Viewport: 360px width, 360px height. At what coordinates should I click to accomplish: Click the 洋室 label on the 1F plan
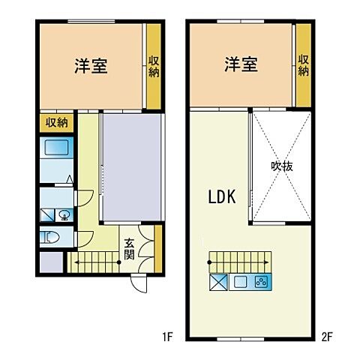pyautogui.click(x=91, y=66)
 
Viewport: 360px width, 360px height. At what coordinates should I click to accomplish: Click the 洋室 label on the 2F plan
pyautogui.click(x=241, y=64)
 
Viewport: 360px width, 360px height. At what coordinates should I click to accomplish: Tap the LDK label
pyautogui.click(x=222, y=197)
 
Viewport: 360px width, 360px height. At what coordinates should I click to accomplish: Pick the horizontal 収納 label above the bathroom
pyautogui.click(x=56, y=121)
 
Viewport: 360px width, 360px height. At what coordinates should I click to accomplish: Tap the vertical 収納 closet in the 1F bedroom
pyautogui.click(x=153, y=66)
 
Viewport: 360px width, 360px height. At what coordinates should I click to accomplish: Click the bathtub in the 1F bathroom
pyautogui.click(x=56, y=148)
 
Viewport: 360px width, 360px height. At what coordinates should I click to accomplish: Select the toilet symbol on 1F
pyautogui.click(x=52, y=238)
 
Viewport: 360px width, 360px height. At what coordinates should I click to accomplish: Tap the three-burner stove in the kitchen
pyautogui.click(x=262, y=283)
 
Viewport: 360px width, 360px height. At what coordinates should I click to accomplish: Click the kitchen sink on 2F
pyautogui.click(x=241, y=283)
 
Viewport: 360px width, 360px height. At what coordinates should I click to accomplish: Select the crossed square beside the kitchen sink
pyautogui.click(x=217, y=283)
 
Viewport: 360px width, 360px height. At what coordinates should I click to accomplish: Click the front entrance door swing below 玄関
pyautogui.click(x=139, y=283)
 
